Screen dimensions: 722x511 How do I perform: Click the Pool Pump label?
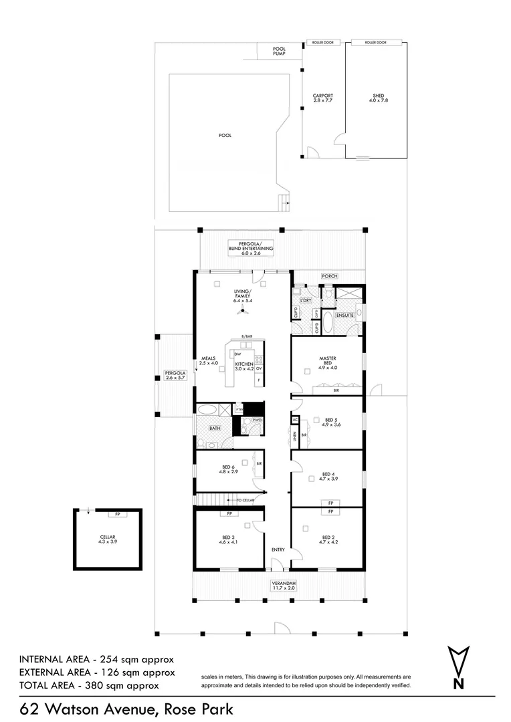[x=279, y=51]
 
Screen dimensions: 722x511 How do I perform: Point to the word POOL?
[x=225, y=135]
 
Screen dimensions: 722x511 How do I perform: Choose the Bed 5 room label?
[x=330, y=422]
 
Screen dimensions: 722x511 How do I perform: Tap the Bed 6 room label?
[x=227, y=469]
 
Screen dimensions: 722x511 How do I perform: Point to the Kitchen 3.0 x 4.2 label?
[x=243, y=366]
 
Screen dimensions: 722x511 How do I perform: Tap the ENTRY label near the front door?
[x=278, y=550]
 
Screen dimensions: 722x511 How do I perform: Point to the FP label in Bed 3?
[x=229, y=513]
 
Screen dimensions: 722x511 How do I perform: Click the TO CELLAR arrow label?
[x=241, y=499]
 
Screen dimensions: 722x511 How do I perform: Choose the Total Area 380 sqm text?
[x=89, y=685]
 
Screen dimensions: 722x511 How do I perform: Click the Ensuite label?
[x=344, y=314]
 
